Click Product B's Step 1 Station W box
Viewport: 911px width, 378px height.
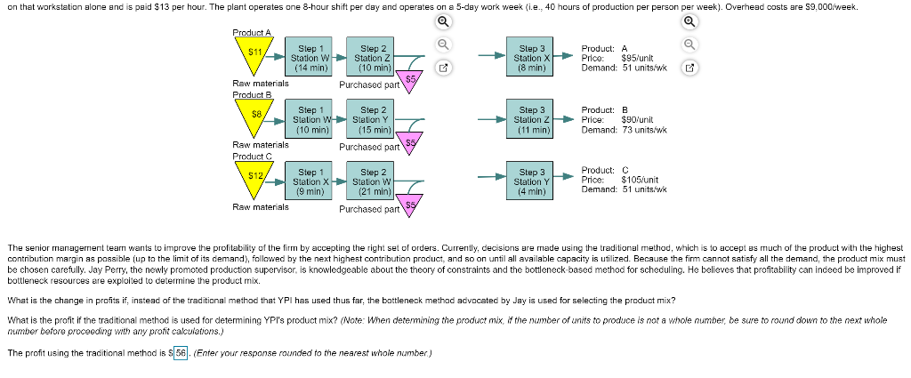[x=310, y=118]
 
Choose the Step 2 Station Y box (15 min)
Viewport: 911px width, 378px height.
[x=371, y=118]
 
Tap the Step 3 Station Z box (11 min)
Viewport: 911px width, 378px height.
[x=531, y=119]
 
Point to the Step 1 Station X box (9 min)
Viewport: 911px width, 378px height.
[x=310, y=181]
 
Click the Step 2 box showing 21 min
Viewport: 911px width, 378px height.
[x=371, y=181]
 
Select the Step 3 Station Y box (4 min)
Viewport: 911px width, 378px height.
[x=531, y=181]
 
